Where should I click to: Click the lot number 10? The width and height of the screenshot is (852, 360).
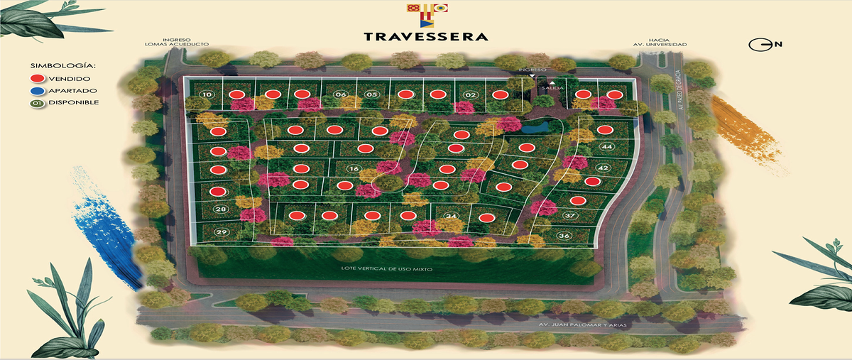(206, 94)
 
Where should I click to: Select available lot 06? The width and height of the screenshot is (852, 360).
(340, 94)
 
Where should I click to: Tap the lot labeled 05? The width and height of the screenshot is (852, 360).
(371, 94)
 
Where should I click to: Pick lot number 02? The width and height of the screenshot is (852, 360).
(469, 94)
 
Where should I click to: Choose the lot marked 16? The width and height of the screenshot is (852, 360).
(354, 168)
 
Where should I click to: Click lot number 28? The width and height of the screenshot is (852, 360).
(221, 209)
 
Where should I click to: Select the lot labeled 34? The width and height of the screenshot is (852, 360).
(450, 216)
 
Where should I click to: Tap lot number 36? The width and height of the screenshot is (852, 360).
(564, 235)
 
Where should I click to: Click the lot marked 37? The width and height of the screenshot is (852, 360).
(569, 215)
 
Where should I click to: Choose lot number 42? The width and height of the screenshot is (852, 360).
(603, 168)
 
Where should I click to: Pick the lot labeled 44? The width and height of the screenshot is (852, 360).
(606, 146)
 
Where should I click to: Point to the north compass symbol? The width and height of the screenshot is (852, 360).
(759, 45)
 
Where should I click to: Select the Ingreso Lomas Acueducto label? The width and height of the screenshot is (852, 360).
(185, 42)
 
